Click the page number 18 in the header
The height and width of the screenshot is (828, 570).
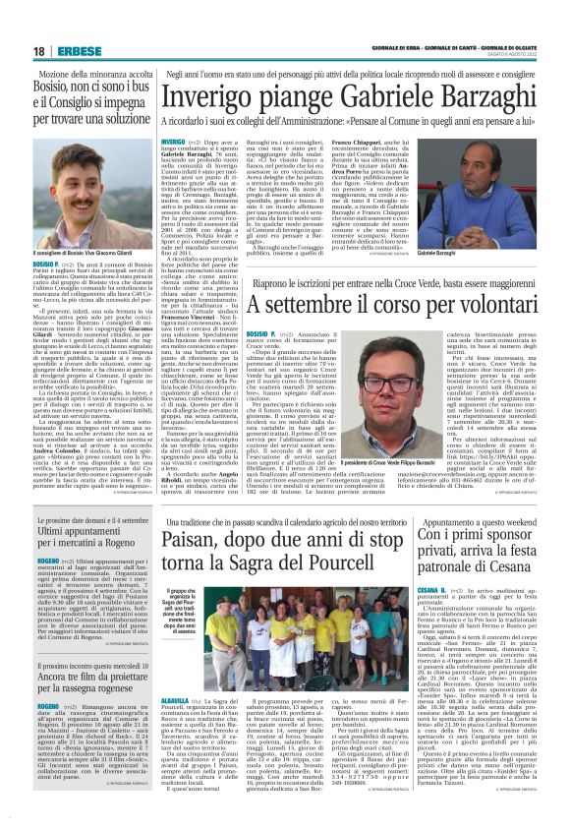point(38,50)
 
